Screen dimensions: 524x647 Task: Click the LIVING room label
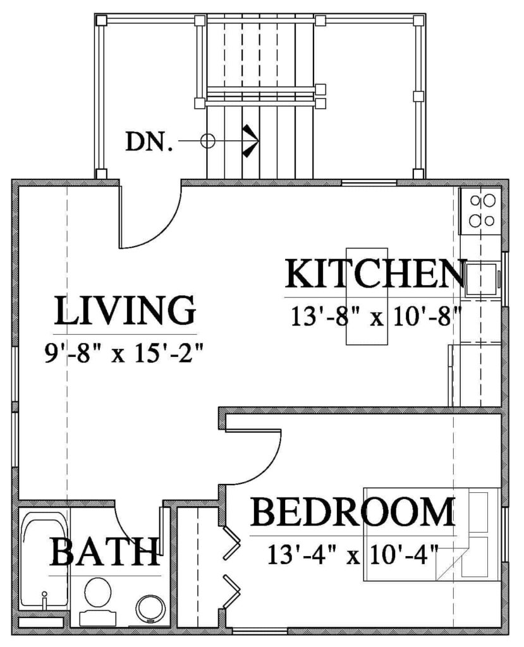tap(125, 310)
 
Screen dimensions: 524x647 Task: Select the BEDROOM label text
tap(353, 512)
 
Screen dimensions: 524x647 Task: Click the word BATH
tap(105, 552)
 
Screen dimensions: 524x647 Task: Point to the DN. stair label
tap(149, 142)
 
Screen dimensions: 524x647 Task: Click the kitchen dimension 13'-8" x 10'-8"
tap(375, 317)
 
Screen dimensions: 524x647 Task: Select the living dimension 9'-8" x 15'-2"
tap(125, 353)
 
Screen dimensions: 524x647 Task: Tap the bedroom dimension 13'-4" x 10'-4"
tap(352, 555)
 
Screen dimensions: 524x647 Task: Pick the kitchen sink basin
tap(482, 279)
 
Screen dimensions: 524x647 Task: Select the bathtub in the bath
tap(45, 560)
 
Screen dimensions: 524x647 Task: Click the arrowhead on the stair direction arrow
tap(252, 141)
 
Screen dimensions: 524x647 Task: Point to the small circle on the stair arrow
tap(208, 141)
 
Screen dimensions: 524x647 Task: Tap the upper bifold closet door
tap(231, 543)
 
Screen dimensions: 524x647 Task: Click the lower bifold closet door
tap(231, 591)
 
